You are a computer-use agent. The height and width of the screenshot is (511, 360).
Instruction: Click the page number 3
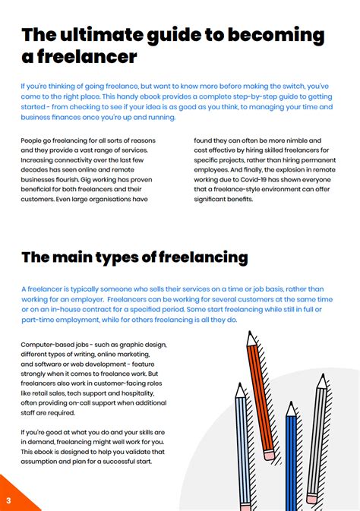click(8, 500)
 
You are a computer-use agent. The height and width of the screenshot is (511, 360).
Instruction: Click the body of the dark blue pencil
click(292, 463)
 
